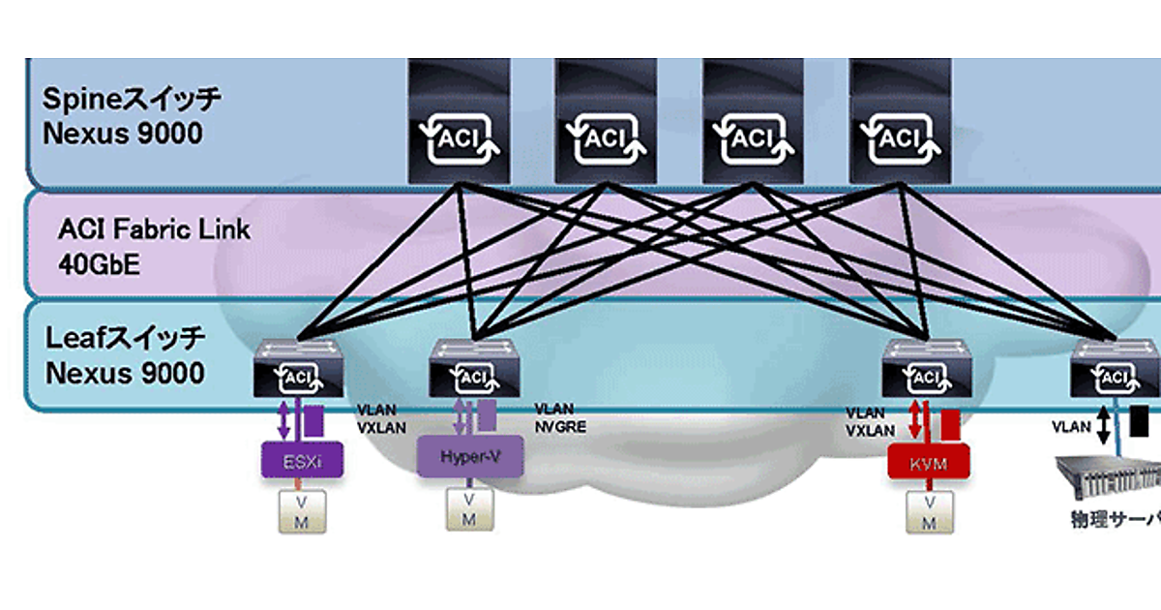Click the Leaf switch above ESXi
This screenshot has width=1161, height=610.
tap(297, 369)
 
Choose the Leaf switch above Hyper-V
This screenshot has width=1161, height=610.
tap(474, 369)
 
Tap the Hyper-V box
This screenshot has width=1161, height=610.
tap(469, 456)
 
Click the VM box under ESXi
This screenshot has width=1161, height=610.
tap(303, 510)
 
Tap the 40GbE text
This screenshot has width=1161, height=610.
tap(99, 263)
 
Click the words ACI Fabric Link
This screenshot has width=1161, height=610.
tap(154, 230)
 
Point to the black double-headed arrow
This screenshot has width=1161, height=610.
tap(1104, 425)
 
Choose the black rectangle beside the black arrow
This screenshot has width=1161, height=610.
tap(1140, 420)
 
